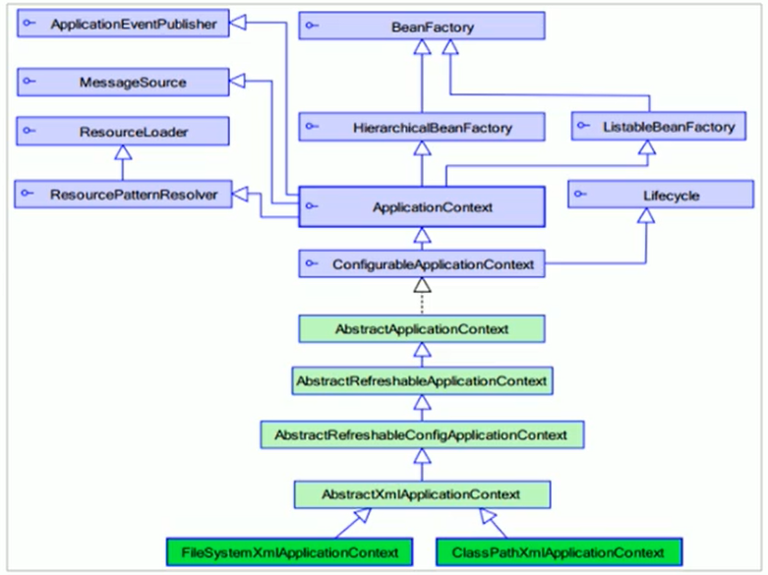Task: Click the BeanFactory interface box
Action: (422, 26)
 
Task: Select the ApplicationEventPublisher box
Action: (123, 23)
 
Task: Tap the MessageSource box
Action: (123, 82)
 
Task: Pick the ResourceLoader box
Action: (123, 131)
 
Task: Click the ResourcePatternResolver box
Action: (123, 194)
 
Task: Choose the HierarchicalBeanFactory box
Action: (422, 127)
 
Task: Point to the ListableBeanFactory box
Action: (659, 127)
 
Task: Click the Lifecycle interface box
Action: (661, 195)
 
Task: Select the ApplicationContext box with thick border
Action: (422, 206)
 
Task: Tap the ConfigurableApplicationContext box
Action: (422, 263)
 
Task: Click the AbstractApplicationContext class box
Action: (422, 328)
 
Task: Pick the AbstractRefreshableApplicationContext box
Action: (422, 380)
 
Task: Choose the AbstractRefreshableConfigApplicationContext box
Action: (422, 434)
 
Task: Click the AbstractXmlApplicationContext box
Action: (422, 494)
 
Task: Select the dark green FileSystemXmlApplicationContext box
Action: (289, 552)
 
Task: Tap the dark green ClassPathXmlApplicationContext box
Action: (559, 552)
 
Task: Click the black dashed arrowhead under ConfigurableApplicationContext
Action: (422, 285)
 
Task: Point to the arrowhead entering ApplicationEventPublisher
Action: (238, 22)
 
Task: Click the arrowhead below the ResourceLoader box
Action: (123, 152)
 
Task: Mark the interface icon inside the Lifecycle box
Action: (580, 194)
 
